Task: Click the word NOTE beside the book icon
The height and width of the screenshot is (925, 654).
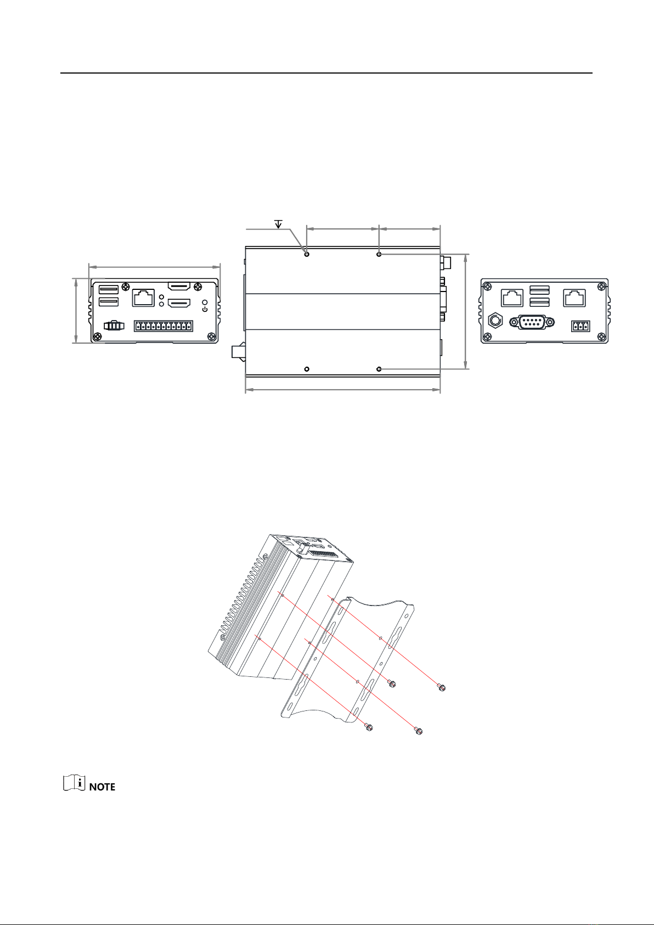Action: coord(102,787)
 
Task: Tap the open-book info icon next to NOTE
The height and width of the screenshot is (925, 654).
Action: coord(74,783)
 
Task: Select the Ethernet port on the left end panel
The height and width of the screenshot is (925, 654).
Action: coord(143,298)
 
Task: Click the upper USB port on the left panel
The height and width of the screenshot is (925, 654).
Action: coord(109,289)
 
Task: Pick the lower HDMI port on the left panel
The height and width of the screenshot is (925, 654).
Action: coord(181,304)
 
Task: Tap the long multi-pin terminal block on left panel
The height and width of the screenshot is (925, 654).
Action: coord(163,326)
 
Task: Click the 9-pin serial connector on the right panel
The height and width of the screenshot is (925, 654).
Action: coord(532,322)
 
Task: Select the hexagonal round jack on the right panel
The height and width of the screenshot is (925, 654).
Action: coord(495,321)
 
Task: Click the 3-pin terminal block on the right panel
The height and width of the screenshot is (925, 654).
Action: coord(580,326)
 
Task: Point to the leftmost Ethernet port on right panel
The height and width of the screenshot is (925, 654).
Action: coord(512,298)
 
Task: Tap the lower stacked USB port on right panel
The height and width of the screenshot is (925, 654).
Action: coord(539,302)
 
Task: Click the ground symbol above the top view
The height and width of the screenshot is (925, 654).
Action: coord(279,224)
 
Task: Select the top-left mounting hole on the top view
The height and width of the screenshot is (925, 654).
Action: coord(307,254)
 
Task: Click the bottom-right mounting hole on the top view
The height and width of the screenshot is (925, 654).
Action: coord(379,369)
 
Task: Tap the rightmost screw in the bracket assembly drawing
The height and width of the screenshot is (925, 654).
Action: coord(442,687)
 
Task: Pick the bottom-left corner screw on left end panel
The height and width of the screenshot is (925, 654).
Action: coord(97,337)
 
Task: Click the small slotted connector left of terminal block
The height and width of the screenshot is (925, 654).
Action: coord(114,326)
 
